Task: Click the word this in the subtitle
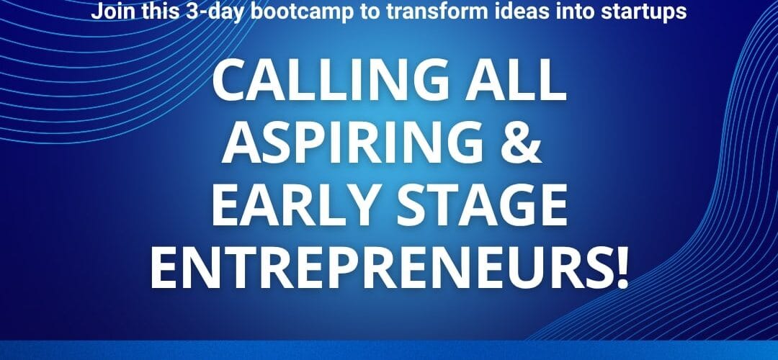156,11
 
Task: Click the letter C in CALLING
231,81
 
